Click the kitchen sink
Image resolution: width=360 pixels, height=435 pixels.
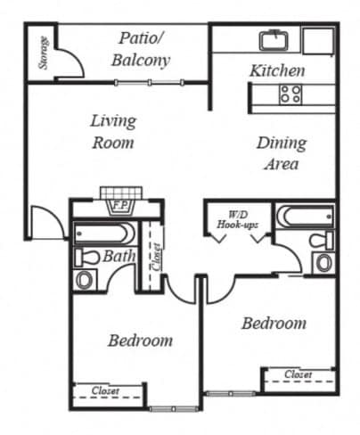pos(274,40)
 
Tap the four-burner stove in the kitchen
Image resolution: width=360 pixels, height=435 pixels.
pos(290,94)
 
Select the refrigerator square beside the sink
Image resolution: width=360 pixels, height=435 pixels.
pos(318,41)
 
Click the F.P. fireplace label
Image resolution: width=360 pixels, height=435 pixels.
pos(120,205)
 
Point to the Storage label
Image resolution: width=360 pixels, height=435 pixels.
pos(44,53)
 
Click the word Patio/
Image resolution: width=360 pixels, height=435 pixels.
pos(141,38)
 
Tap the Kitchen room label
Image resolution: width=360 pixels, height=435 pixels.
pos(277,70)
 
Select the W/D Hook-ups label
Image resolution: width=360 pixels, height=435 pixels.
pos(237,219)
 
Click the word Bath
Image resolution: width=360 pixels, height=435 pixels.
pos(119,256)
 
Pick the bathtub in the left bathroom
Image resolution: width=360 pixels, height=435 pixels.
pos(105,233)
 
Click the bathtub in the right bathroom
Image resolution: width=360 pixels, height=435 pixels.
pos(304,216)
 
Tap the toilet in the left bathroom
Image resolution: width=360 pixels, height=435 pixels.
pos(86,258)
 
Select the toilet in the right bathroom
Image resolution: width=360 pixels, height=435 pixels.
pos(321,240)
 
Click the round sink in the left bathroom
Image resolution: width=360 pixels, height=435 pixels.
pos(85,279)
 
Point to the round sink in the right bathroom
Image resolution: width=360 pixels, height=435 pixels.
pos(323,263)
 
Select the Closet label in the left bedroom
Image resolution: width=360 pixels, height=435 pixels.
pos(105,390)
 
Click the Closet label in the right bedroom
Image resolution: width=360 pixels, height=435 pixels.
pos(299,374)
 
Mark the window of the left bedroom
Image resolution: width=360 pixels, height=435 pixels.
pos(174,409)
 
